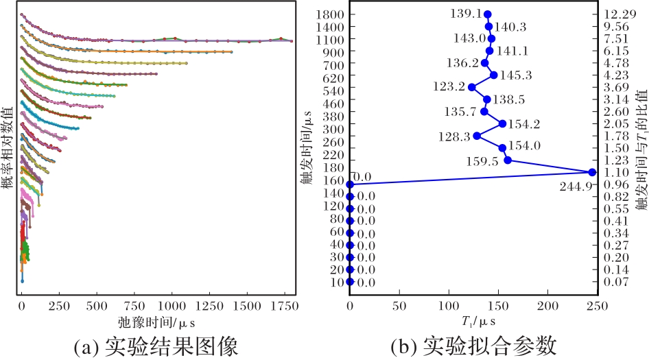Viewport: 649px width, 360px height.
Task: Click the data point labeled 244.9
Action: [592, 172]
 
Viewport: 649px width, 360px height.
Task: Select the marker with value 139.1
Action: [487, 14]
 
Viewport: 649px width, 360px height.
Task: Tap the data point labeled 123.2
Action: [471, 87]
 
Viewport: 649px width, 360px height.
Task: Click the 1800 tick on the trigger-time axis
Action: [332, 14]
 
